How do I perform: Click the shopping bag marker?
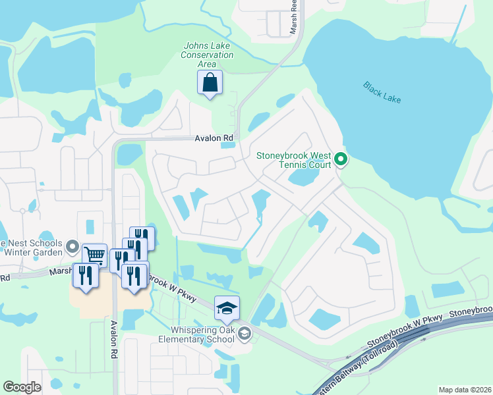[210, 84]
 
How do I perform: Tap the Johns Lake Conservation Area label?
[208, 55]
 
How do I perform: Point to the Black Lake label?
[382, 92]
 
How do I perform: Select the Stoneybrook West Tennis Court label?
[294, 161]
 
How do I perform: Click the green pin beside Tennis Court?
[341, 159]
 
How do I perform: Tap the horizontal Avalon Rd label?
[215, 138]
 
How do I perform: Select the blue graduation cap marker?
[227, 307]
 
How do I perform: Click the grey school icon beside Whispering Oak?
[245, 334]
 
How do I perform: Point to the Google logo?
[22, 387]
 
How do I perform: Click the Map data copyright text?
[465, 390]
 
